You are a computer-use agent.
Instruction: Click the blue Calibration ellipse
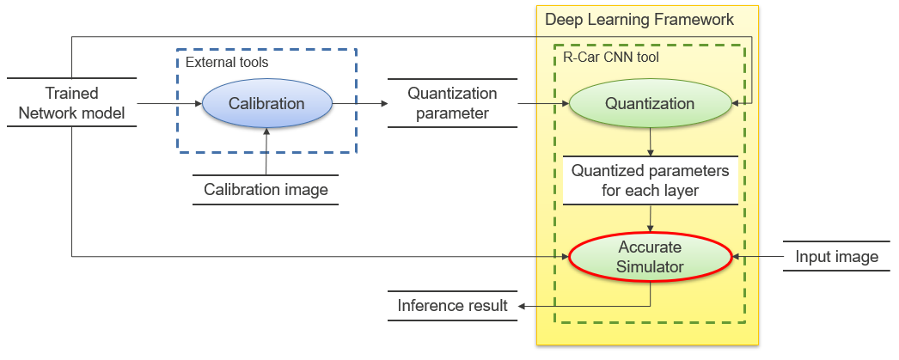tap(266, 104)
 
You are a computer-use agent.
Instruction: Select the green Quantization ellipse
tap(650, 104)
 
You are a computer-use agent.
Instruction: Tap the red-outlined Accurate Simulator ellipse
tap(650, 256)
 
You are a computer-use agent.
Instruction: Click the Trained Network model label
tap(71, 103)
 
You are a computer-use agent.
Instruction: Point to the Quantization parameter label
tap(452, 103)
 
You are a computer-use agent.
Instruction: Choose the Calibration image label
tap(266, 189)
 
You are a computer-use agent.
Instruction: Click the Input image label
tap(836, 256)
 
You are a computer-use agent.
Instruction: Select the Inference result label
tap(452, 305)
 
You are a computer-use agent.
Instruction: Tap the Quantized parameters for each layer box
tap(650, 180)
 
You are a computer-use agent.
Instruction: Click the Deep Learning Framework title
tap(639, 19)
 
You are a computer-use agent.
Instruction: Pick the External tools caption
tap(227, 63)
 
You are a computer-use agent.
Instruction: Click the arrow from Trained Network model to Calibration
tap(168, 104)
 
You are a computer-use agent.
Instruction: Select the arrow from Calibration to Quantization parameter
tap(358, 104)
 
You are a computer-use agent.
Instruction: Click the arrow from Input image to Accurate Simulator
tap(756, 256)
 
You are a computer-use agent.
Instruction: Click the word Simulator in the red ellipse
tap(650, 266)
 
